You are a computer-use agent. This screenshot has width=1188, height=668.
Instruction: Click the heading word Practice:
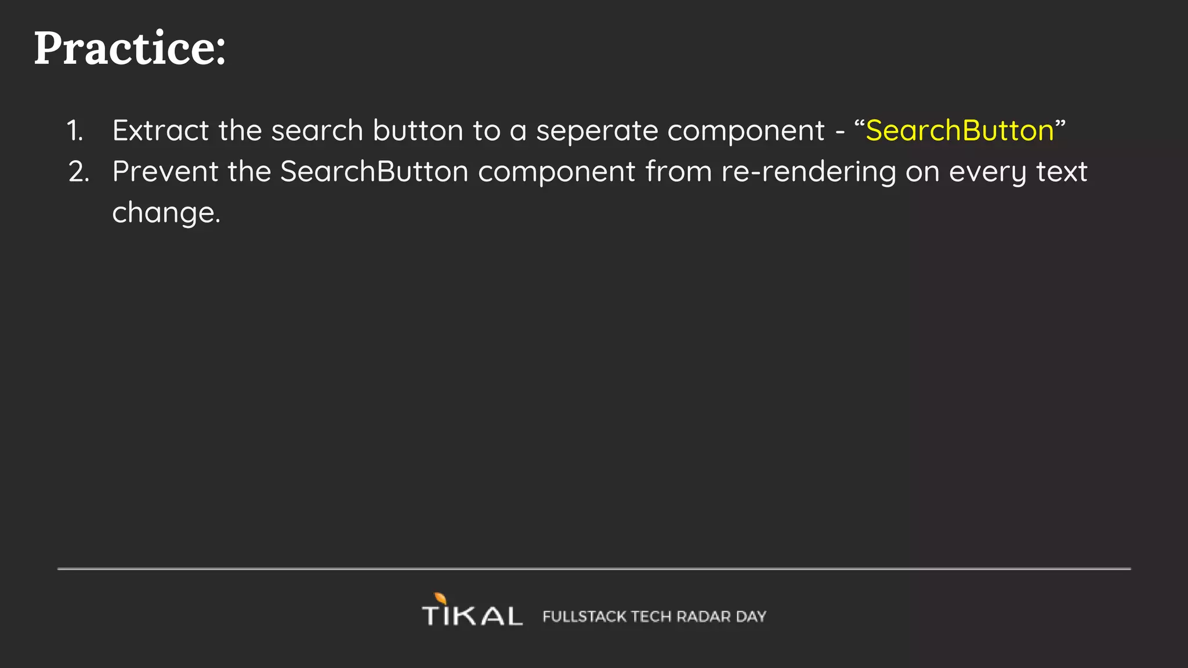(x=129, y=48)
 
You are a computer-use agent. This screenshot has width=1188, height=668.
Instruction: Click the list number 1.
(x=75, y=130)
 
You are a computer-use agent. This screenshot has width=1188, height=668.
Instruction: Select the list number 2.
(x=79, y=172)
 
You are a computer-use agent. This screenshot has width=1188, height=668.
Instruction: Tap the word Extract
(x=161, y=130)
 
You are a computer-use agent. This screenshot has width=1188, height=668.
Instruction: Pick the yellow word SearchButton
(x=959, y=130)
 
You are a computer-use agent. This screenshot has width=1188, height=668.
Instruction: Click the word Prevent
(x=165, y=172)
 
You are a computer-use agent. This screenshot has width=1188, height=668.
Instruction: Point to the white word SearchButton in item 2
(x=374, y=172)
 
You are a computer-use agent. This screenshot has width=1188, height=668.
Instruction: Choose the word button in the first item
(x=418, y=130)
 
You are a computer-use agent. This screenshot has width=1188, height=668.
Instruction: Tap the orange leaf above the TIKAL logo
(x=441, y=598)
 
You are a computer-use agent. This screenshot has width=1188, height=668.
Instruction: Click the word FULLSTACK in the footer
(x=584, y=616)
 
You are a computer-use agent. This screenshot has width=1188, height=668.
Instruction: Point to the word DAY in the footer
(x=751, y=616)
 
